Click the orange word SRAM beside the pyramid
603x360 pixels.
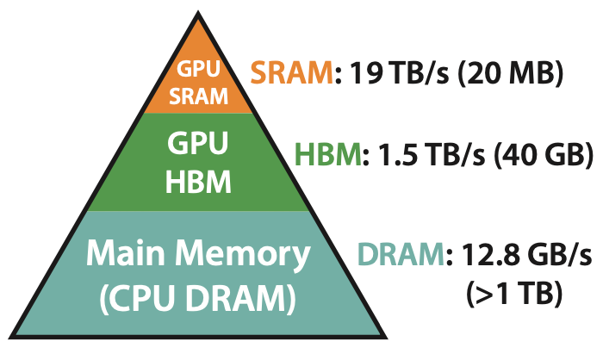point(290,76)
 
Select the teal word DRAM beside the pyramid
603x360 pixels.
point(401,257)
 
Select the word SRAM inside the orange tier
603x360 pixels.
point(198,96)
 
